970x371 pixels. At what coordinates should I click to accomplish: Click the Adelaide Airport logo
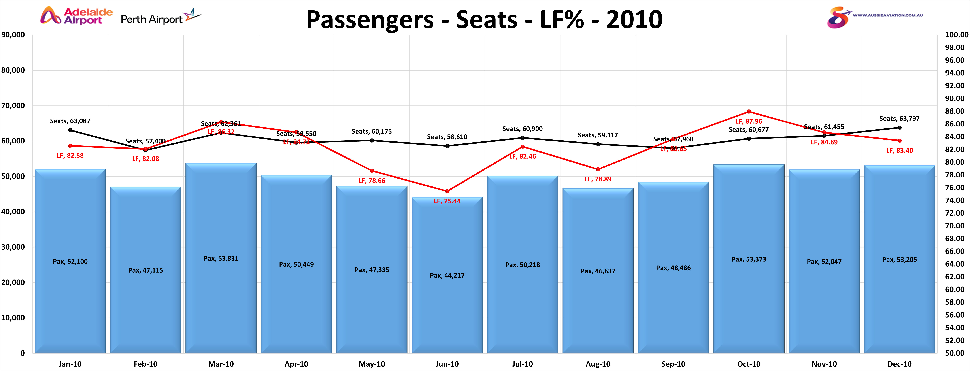coord(76,16)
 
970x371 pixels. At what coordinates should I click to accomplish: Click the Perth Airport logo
coord(161,18)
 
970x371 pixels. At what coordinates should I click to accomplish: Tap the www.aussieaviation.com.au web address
coord(888,15)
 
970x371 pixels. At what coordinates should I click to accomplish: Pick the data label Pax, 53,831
coord(221,258)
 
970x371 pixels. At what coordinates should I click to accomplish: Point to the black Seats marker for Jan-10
coord(70,130)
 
